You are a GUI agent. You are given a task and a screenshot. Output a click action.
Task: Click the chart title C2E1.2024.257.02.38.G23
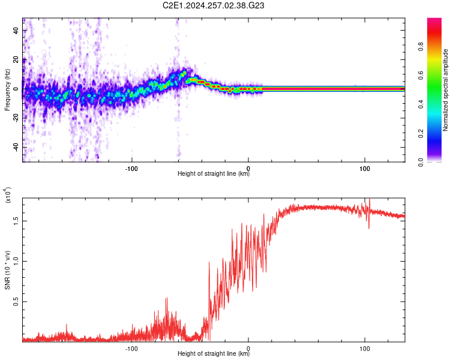pyautogui.click(x=213, y=5)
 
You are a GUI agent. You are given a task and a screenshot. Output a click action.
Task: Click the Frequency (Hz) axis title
pyautogui.click(x=7, y=90)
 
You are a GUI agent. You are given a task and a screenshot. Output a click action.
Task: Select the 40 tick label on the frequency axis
pyautogui.click(x=16, y=31)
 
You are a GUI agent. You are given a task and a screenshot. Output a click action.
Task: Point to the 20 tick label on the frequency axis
pyautogui.click(x=16, y=60)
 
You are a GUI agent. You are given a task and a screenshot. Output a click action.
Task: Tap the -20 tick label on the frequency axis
pyautogui.click(x=16, y=118)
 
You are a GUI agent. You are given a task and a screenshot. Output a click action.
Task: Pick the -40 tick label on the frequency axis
pyautogui.click(x=16, y=147)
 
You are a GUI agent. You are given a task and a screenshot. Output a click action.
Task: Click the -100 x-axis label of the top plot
pyautogui.click(x=131, y=169)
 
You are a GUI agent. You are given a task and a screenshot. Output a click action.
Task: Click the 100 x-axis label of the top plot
pyautogui.click(x=364, y=169)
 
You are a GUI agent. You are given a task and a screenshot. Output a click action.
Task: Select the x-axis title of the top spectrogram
pyautogui.click(x=214, y=173)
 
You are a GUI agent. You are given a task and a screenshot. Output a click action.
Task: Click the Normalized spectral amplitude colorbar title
pyautogui.click(x=445, y=90)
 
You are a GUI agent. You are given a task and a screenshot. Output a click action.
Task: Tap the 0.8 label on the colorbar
pyautogui.click(x=421, y=46)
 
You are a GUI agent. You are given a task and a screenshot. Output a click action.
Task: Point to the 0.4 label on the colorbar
pyautogui.click(x=421, y=104)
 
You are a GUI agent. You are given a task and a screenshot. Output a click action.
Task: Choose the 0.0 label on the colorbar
pyautogui.click(x=421, y=162)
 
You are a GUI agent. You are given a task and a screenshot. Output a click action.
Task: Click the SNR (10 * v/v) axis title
pyautogui.click(x=7, y=270)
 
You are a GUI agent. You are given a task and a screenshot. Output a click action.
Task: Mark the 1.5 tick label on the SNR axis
pyautogui.click(x=16, y=221)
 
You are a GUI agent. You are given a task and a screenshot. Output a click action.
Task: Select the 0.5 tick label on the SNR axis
pyautogui.click(x=16, y=301)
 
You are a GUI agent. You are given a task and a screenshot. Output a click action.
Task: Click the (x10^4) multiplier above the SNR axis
pyautogui.click(x=8, y=195)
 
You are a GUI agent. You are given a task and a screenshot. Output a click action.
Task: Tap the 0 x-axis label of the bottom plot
pyautogui.click(x=248, y=349)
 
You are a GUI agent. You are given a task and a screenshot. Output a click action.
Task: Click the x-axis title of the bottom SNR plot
pyautogui.click(x=214, y=353)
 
